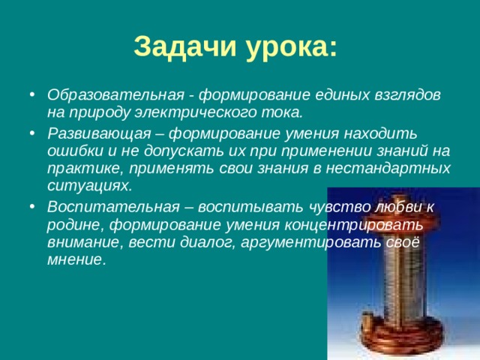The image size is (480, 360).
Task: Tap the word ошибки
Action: (x=74, y=151)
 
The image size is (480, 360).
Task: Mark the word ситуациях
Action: (x=88, y=184)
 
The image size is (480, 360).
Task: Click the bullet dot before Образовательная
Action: (x=30, y=97)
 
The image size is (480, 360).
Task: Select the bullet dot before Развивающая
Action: (x=30, y=134)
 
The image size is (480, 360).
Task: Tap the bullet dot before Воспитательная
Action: (x=30, y=206)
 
